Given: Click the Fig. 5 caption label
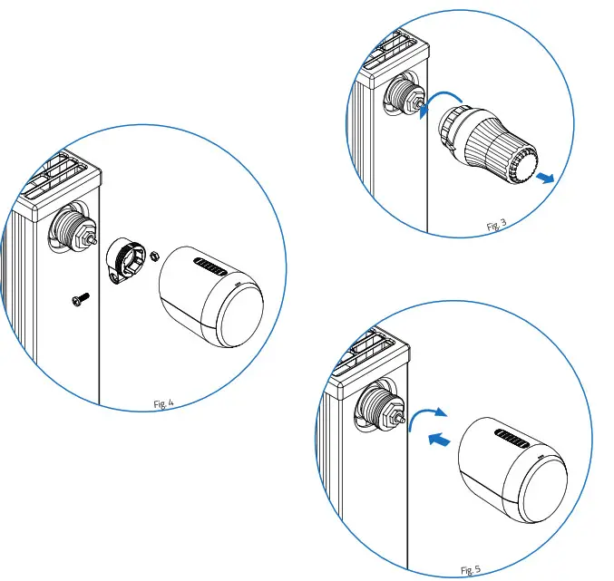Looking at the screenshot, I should [x=471, y=570].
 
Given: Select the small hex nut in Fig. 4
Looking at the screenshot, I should [x=154, y=256].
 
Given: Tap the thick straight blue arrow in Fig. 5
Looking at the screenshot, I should [x=439, y=440].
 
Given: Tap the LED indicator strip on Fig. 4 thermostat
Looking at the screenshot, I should [x=212, y=268].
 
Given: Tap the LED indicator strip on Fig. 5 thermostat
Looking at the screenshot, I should [x=512, y=441].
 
